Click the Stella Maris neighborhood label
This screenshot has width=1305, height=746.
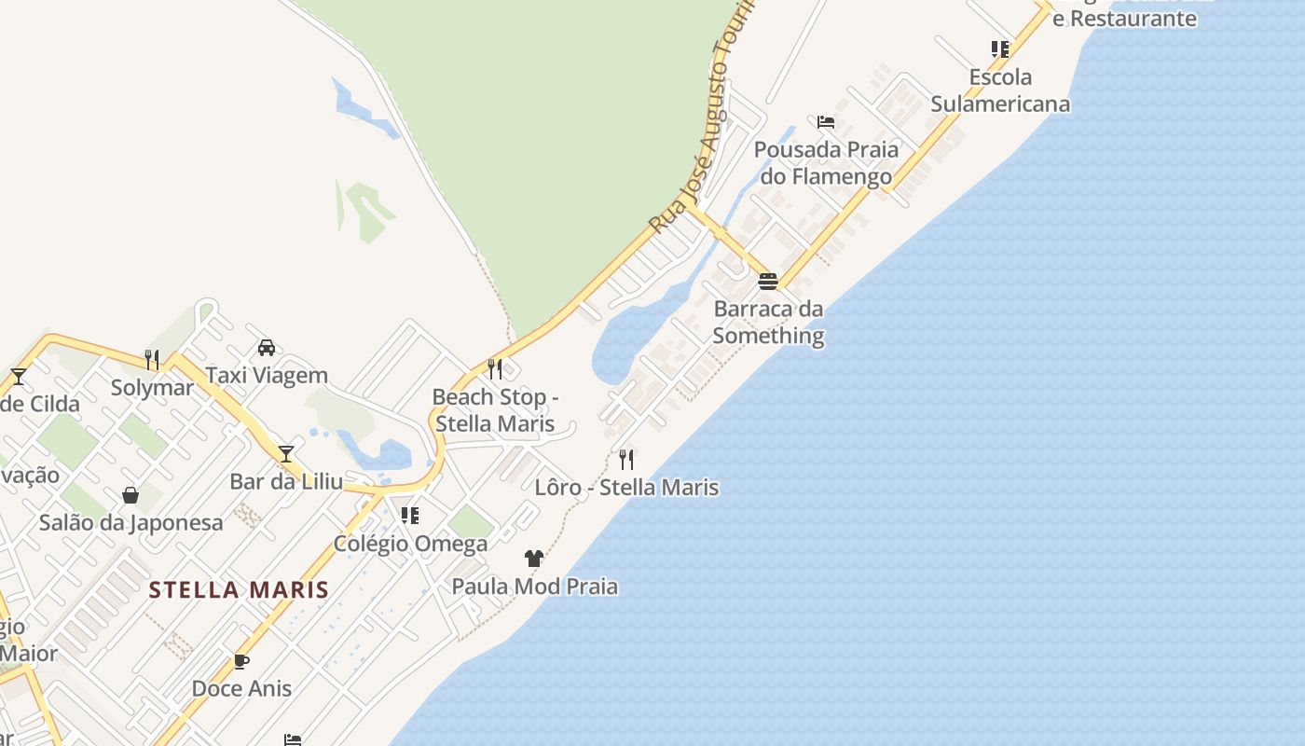point(239,589)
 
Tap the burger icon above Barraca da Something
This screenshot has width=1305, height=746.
point(768,281)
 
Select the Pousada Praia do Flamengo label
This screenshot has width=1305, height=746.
point(826,163)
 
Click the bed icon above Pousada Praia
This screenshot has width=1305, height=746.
point(826,122)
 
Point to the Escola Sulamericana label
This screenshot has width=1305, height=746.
point(1000,90)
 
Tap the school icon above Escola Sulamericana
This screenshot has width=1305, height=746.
point(1000,48)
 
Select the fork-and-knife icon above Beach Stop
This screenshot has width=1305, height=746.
point(495,369)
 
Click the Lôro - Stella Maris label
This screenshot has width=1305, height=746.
point(626,487)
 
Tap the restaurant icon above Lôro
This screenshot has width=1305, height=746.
point(626,459)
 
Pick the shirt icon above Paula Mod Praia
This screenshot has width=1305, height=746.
point(534,559)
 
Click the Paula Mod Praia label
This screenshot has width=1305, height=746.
point(534,587)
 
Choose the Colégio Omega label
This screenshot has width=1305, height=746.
point(411,543)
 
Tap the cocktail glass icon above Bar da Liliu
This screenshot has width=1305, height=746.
point(286,454)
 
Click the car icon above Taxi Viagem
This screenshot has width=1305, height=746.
point(267,348)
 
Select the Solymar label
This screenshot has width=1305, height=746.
point(152,387)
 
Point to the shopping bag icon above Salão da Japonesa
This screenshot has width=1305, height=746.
point(130,494)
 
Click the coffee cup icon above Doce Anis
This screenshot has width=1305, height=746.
point(241,661)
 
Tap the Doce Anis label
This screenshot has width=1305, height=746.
point(241,689)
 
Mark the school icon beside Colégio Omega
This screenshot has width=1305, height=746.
point(410,516)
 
